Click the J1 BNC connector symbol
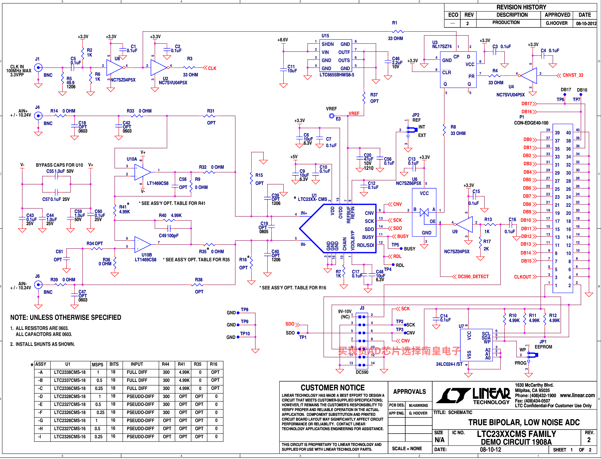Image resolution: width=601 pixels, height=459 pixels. (x=38, y=68)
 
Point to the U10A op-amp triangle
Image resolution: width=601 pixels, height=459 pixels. (x=143, y=172)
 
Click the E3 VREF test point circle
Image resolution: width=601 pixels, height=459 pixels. (x=331, y=116)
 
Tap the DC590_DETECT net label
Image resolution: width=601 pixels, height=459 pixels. (x=473, y=277)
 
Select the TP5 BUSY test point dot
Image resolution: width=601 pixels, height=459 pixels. (x=401, y=249)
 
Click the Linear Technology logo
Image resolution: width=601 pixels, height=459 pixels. (x=473, y=395)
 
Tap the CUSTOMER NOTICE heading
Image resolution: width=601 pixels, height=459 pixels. (x=333, y=388)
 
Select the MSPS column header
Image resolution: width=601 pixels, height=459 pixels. (x=97, y=364)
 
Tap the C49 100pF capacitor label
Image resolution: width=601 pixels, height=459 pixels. (x=168, y=236)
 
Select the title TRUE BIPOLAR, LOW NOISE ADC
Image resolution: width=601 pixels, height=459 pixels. (x=524, y=422)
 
